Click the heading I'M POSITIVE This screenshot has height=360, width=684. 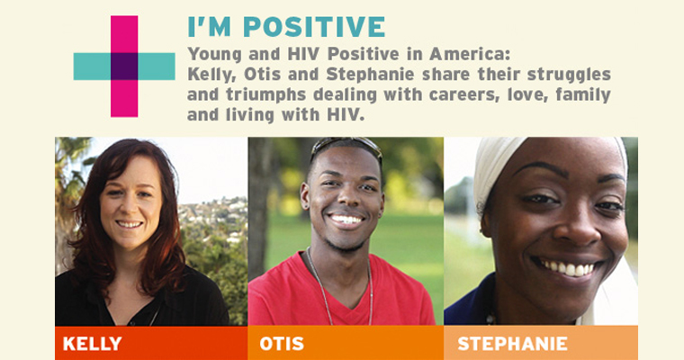click(286, 27)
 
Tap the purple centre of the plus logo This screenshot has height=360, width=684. click(124, 67)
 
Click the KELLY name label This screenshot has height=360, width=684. click(92, 344)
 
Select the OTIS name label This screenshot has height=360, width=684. click(282, 344)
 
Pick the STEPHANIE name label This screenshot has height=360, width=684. click(513, 344)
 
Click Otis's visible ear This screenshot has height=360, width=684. click(305, 196)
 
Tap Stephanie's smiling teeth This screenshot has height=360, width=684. click(567, 267)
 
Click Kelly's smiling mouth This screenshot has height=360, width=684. click(130, 224)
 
